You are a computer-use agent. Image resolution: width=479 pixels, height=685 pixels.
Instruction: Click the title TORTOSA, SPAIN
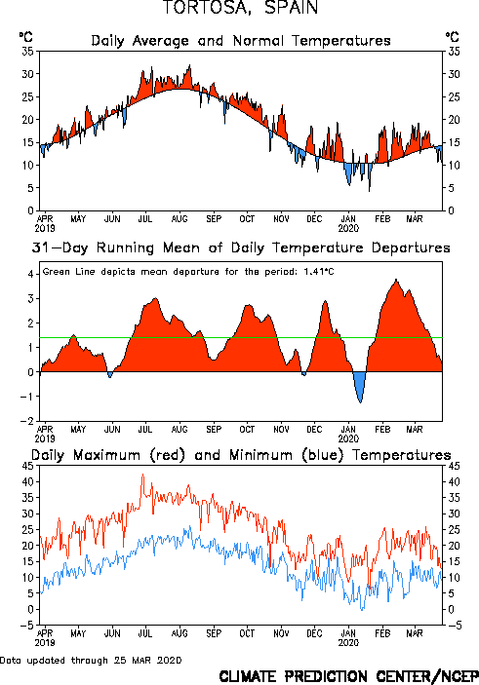(240, 8)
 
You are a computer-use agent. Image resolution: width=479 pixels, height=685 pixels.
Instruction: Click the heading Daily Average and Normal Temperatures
(241, 41)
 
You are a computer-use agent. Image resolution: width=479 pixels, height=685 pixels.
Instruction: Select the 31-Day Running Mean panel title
(241, 247)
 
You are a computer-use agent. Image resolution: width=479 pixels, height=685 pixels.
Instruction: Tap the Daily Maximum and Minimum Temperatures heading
(241, 455)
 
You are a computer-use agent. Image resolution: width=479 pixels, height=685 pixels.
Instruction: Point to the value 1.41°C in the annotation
(319, 272)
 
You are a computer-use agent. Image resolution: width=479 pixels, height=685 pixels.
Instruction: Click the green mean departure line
(241, 338)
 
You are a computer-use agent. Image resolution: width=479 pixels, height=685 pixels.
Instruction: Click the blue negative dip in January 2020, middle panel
(360, 385)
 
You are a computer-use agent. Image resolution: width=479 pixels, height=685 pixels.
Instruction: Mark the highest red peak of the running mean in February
(396, 280)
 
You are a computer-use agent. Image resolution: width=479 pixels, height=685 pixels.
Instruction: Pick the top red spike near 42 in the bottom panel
(143, 475)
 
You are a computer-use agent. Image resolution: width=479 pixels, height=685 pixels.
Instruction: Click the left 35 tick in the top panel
(28, 52)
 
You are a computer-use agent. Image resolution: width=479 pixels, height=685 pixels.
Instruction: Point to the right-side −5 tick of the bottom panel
(454, 626)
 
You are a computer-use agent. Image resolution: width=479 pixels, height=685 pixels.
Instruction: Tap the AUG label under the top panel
(180, 219)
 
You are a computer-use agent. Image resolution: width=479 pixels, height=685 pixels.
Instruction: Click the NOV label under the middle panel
(281, 430)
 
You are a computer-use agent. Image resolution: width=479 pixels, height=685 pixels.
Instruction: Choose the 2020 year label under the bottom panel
(348, 643)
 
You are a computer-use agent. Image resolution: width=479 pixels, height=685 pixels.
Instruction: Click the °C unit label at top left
(25, 37)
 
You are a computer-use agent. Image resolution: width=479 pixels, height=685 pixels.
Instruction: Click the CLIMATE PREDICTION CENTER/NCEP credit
(348, 676)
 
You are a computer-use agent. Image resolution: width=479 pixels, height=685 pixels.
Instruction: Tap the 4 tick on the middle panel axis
(30, 274)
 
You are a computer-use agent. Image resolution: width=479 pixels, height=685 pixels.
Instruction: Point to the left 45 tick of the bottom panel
(28, 466)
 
